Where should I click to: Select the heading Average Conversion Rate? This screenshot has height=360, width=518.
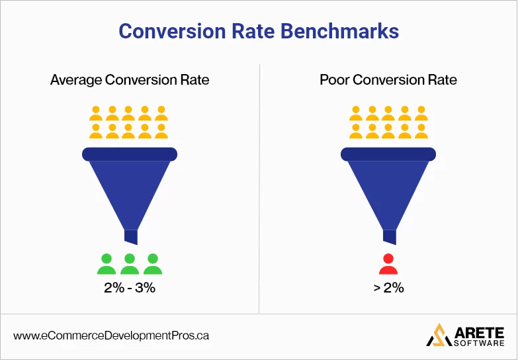click(x=130, y=80)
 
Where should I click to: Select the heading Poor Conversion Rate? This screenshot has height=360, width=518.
click(x=388, y=80)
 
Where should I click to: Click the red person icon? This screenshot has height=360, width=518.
click(x=388, y=264)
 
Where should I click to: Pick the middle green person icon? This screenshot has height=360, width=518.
click(x=130, y=264)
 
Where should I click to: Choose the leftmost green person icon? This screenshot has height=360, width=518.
click(x=107, y=264)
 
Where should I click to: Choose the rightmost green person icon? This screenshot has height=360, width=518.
click(x=153, y=264)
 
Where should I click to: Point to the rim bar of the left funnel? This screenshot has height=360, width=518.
click(x=130, y=154)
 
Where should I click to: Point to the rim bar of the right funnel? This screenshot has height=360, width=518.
click(x=388, y=154)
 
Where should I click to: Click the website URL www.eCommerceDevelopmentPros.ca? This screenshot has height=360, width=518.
click(x=111, y=336)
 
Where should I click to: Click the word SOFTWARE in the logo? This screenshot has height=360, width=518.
click(x=477, y=343)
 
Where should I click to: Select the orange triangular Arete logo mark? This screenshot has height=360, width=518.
click(x=437, y=335)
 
